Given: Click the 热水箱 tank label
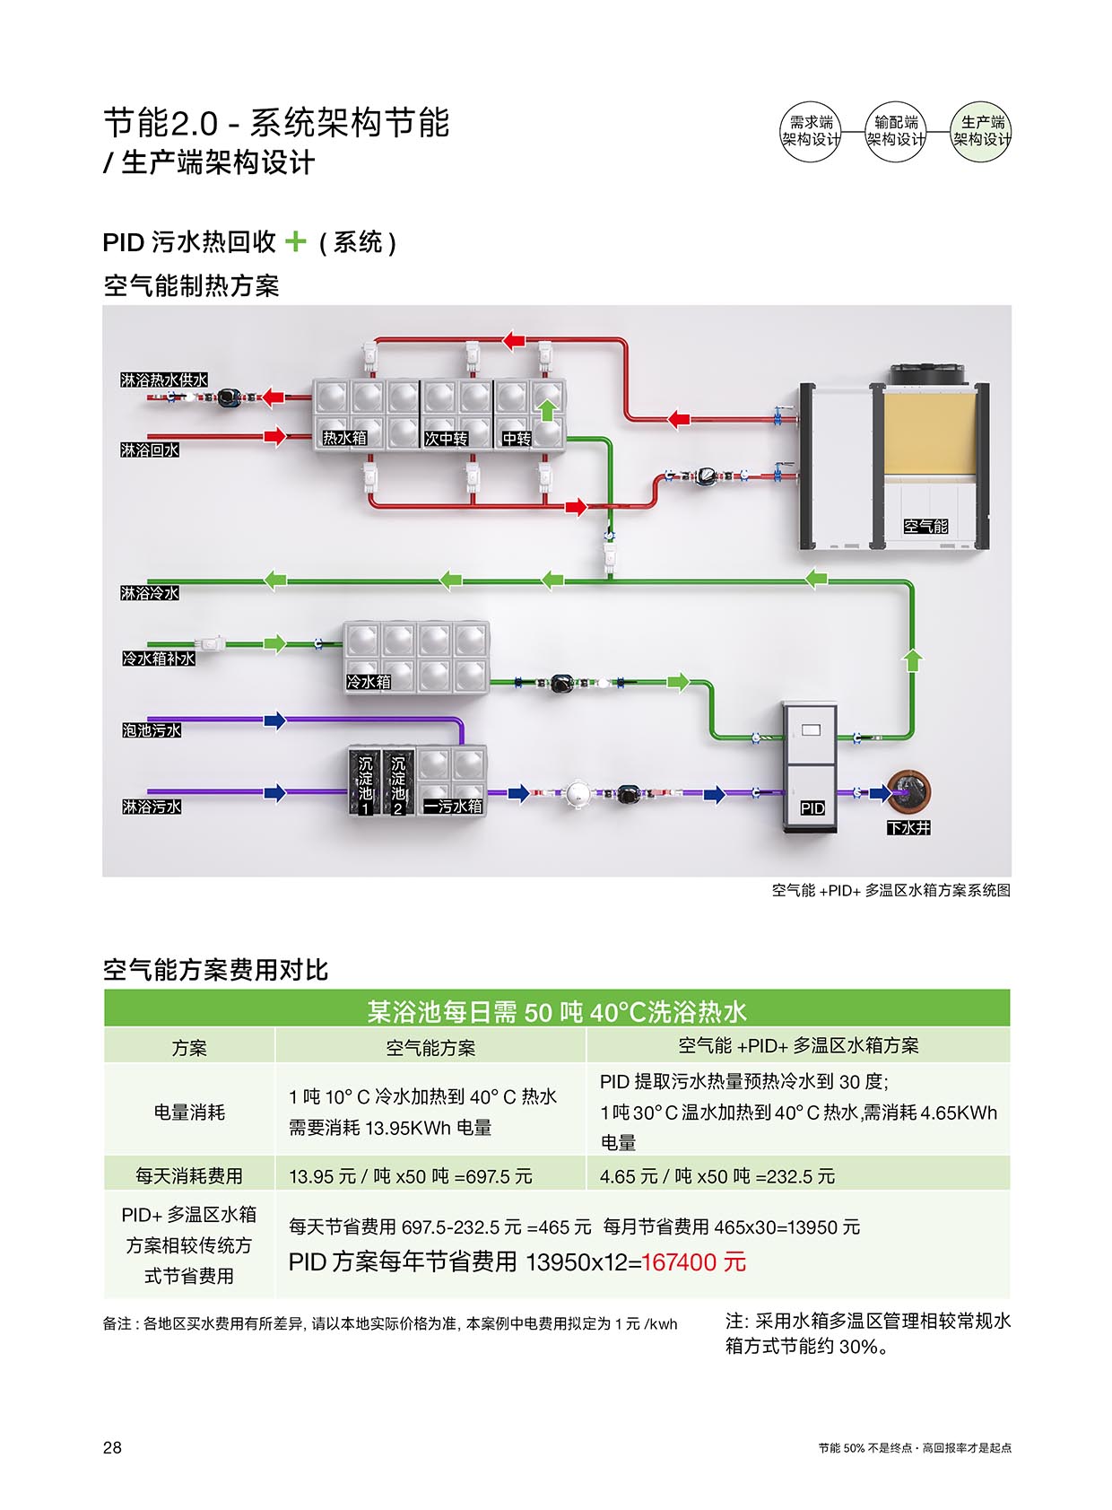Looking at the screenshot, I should pos(345,438).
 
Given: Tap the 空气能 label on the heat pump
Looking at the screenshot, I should pos(925,527).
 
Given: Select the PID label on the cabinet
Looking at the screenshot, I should pos(812,808).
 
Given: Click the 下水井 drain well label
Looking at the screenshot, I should pos(908,828).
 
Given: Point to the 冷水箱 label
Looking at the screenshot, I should pos(369,682).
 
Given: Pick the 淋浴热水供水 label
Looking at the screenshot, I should pos(164,380).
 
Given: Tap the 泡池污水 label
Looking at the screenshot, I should pos(152,730).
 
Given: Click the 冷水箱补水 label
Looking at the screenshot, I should pos(159,659).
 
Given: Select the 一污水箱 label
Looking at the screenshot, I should pos(453,807).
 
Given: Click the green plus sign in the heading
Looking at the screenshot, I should pos(295,241).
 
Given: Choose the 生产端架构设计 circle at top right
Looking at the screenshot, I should pos(981,131).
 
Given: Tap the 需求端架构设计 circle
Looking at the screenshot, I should pos(811,131).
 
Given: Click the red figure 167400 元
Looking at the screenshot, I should pos(693,1262).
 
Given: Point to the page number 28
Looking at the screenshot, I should pos(112,1447).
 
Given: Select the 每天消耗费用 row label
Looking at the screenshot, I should pos(189,1175).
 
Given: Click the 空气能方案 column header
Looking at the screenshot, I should pos(430,1047).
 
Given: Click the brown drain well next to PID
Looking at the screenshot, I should pos(908,790).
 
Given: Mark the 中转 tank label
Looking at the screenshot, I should pos(517,439).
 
